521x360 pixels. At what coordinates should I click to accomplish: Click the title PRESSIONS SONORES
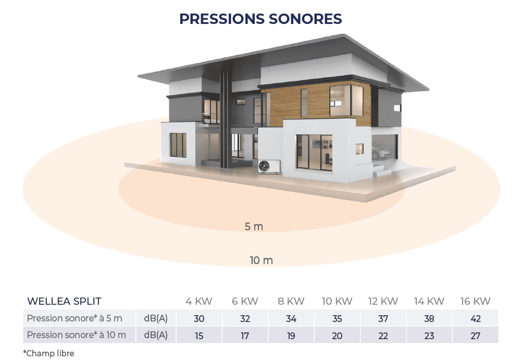point(260,19)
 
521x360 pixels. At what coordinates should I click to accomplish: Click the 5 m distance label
point(254,227)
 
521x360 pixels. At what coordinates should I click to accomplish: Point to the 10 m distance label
point(261,260)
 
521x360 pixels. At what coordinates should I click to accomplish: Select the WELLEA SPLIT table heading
point(64,301)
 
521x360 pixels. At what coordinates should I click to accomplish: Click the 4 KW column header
point(199,301)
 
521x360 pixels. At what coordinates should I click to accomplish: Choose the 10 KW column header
point(337,301)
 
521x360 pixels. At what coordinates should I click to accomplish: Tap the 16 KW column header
point(475,301)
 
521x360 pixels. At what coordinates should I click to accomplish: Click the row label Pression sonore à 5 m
point(75,318)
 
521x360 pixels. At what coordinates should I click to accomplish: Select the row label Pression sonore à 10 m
point(77,335)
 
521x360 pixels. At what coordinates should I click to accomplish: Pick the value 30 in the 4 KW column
point(199,318)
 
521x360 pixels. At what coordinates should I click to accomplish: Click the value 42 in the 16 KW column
point(476,318)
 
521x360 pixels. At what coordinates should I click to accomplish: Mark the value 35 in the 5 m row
point(337,318)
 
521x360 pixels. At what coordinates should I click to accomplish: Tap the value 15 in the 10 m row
point(199,336)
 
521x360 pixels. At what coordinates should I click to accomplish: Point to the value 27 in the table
point(476,336)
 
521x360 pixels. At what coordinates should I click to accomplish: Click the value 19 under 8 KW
point(291,336)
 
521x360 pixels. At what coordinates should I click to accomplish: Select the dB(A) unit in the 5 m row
point(156,318)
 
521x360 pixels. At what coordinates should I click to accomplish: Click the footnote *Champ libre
point(48,353)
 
